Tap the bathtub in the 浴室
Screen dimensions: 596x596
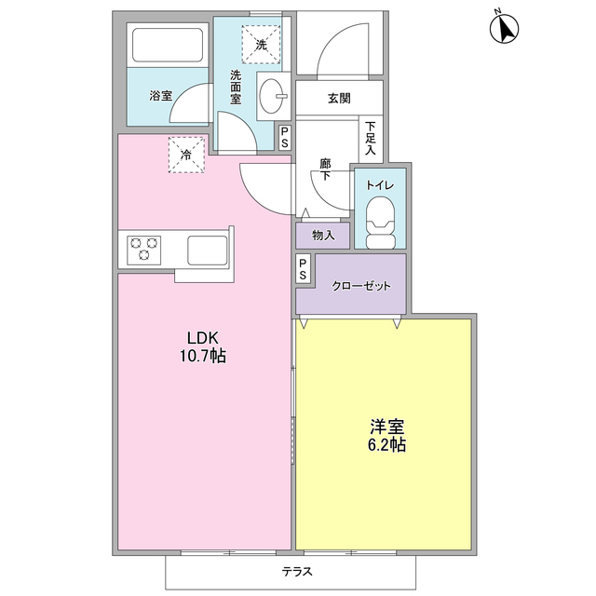click(167, 46)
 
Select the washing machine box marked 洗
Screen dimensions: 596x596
click(261, 43)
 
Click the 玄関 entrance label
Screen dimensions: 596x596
click(339, 97)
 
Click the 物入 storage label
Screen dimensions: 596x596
click(323, 236)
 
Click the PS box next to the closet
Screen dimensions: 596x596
click(304, 269)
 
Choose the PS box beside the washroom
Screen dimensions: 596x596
click(285, 138)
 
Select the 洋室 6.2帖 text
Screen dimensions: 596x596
click(386, 436)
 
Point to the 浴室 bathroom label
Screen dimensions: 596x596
click(160, 95)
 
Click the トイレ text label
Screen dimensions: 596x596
click(381, 185)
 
